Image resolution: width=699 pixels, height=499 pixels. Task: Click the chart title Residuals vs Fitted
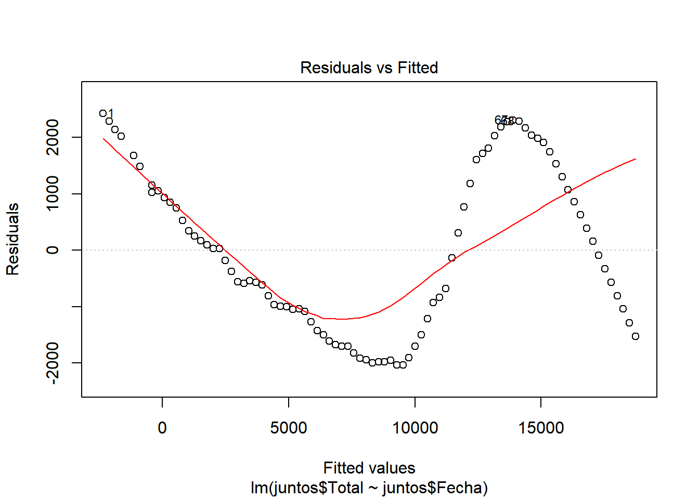pyautogui.click(x=369, y=68)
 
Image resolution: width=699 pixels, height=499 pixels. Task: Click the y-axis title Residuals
pyautogui.click(x=12, y=239)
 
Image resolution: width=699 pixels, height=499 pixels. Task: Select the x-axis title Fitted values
pyautogui.click(x=369, y=468)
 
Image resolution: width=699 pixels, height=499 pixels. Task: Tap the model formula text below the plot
pyautogui.click(x=369, y=488)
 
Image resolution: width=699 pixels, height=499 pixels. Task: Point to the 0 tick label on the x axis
pyautogui.click(x=162, y=428)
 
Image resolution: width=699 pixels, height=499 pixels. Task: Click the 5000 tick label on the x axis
pyautogui.click(x=289, y=428)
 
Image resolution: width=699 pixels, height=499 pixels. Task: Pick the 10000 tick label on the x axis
pyautogui.click(x=415, y=428)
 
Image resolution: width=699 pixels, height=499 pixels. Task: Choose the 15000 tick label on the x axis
pyautogui.click(x=541, y=428)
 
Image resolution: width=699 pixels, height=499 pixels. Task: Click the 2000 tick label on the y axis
pyautogui.click(x=53, y=137)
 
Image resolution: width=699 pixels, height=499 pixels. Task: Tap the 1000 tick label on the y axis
pyautogui.click(x=53, y=193)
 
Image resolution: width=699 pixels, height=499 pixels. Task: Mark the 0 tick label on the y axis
pyautogui.click(x=53, y=250)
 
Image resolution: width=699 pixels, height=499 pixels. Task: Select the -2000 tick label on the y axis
pyautogui.click(x=53, y=363)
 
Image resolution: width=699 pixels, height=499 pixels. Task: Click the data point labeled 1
pyautogui.click(x=103, y=113)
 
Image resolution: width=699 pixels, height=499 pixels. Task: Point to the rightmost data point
pyautogui.click(x=636, y=336)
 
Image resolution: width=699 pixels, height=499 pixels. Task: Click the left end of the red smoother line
pyautogui.click(x=103, y=139)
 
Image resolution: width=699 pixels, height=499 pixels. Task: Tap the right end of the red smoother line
pyautogui.click(x=636, y=159)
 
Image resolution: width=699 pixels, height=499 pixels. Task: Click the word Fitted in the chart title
pyautogui.click(x=418, y=68)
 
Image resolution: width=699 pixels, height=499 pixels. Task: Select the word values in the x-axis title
pyautogui.click(x=392, y=468)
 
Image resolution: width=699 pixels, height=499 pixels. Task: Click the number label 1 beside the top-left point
pyautogui.click(x=111, y=113)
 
